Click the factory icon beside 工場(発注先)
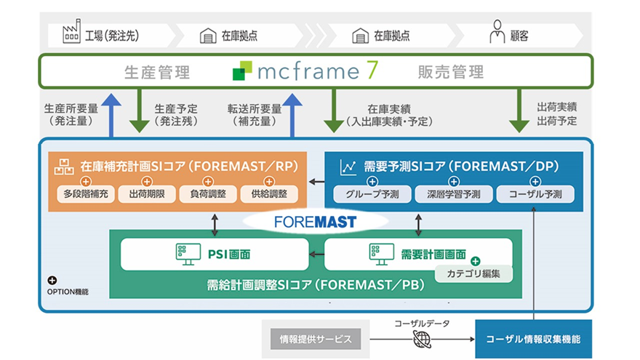click(x=71, y=34)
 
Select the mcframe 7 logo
click(x=305, y=71)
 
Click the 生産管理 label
click(x=157, y=72)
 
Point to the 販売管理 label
click(x=450, y=72)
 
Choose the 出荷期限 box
click(x=147, y=194)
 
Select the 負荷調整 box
click(x=208, y=194)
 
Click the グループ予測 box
click(x=372, y=194)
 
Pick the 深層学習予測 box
click(x=453, y=194)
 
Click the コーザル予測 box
click(x=535, y=194)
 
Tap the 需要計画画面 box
click(x=417, y=254)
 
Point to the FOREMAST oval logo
click(x=314, y=221)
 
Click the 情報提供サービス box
click(x=315, y=338)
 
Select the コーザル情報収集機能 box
click(x=533, y=339)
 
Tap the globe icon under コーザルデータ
click(x=422, y=339)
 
